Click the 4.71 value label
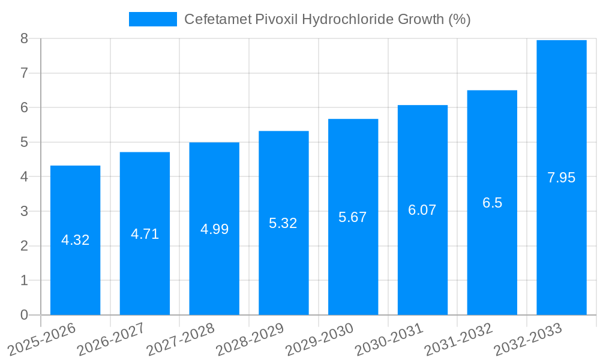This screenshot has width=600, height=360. point(145,234)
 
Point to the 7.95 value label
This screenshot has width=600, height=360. point(561,178)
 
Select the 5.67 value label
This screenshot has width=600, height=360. point(353,217)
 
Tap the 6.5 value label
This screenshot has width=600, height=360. point(492,203)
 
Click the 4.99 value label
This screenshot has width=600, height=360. point(214,229)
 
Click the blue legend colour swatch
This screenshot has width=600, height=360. point(153,19)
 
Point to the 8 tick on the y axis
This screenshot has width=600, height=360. point(25,38)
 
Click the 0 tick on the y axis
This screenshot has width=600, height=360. point(25,315)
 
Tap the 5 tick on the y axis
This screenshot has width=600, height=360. point(25,142)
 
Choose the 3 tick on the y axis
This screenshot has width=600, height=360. point(25,211)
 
